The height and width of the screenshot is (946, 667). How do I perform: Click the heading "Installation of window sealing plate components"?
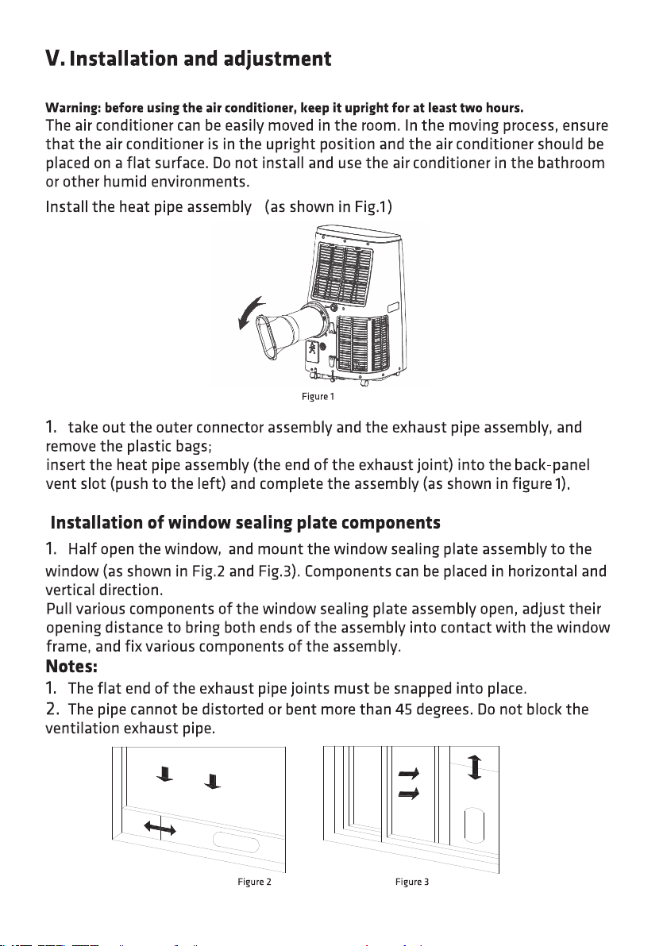click(x=245, y=524)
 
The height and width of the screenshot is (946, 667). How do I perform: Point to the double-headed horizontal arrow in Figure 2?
click(x=160, y=829)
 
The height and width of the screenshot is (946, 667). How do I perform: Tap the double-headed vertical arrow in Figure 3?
click(x=474, y=767)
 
